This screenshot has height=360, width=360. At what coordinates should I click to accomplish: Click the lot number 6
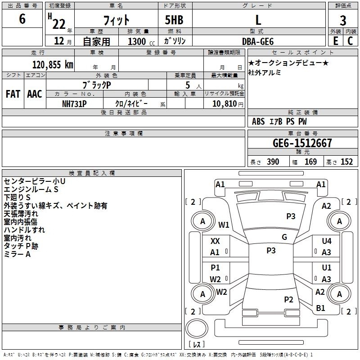22,19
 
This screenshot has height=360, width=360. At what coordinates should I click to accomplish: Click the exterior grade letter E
335,40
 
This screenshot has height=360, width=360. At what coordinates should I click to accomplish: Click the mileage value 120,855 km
53,64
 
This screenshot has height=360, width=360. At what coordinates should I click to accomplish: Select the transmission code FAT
13,94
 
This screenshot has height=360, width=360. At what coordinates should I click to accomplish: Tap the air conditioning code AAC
34,94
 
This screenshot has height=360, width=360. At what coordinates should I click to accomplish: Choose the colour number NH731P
74,103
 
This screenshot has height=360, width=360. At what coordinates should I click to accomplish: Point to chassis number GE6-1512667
302,144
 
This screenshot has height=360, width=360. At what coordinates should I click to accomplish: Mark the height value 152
346,162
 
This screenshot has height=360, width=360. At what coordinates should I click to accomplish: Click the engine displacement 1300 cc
137,41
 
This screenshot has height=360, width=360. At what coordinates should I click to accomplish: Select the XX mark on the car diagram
215,241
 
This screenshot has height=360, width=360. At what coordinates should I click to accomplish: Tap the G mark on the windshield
284,237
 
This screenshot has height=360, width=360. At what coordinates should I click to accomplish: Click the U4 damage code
327,241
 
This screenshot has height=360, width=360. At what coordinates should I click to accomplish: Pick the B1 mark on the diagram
321,308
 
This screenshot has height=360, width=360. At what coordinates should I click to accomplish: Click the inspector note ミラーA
17,254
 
